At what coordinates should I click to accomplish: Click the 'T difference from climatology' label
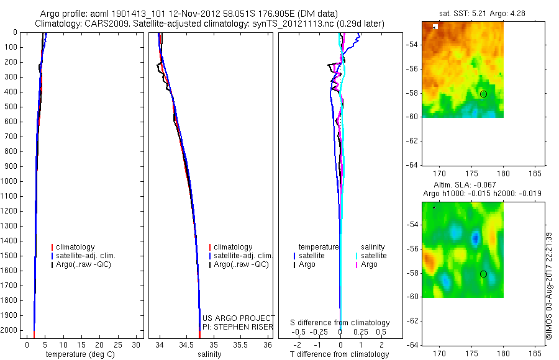(x=339, y=354)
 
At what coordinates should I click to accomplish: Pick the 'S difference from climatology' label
(x=340, y=323)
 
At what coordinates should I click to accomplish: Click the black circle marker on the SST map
(x=483, y=94)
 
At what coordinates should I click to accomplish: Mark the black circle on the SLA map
(x=483, y=274)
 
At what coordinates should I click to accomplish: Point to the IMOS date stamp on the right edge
(x=548, y=286)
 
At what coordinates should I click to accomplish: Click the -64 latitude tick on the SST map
(x=412, y=164)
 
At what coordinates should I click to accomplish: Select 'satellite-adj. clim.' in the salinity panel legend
(x=243, y=256)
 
